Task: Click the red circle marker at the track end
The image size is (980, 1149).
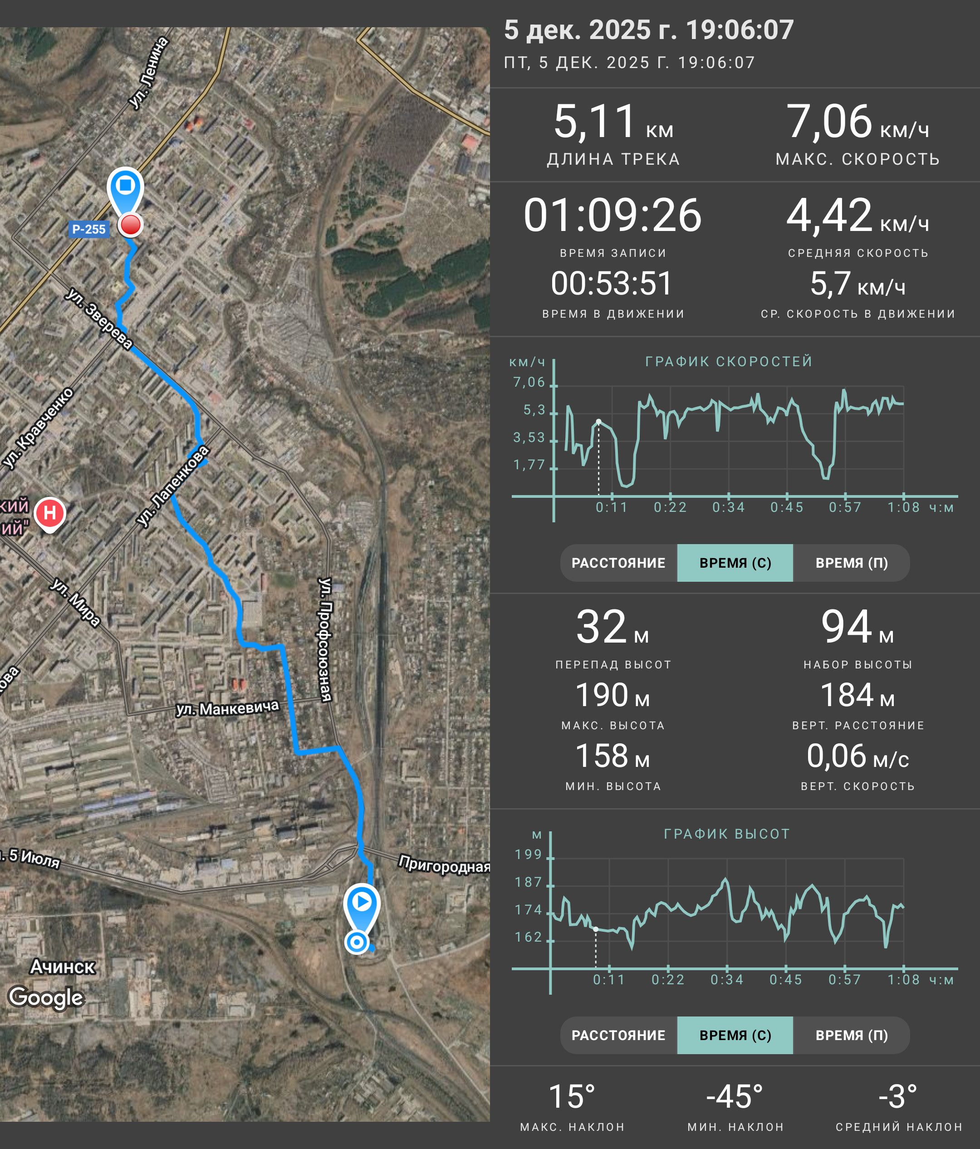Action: point(131,225)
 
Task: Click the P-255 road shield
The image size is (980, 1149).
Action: point(88,229)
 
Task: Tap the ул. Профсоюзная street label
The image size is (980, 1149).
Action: point(325,639)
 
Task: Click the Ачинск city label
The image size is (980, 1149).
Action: point(63,967)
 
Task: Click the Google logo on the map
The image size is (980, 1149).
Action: point(46,997)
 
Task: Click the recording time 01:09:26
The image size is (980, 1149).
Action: point(612,215)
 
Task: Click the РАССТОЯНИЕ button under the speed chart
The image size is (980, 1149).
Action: point(618,563)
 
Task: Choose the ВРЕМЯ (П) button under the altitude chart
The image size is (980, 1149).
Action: point(852,1035)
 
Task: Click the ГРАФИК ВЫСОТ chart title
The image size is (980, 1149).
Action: point(727,834)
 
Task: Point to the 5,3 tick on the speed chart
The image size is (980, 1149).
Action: point(534,410)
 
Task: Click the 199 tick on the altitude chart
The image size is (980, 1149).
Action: point(528,854)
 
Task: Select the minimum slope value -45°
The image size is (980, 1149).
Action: point(735,1097)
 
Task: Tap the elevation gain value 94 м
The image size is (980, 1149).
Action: point(857,627)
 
